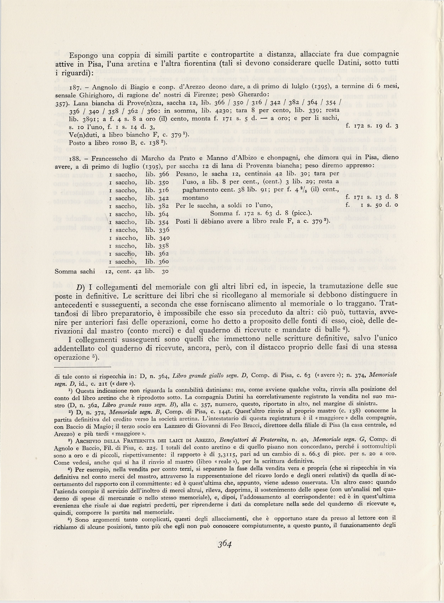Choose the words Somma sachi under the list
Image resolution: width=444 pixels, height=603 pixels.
[x=75, y=271]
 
